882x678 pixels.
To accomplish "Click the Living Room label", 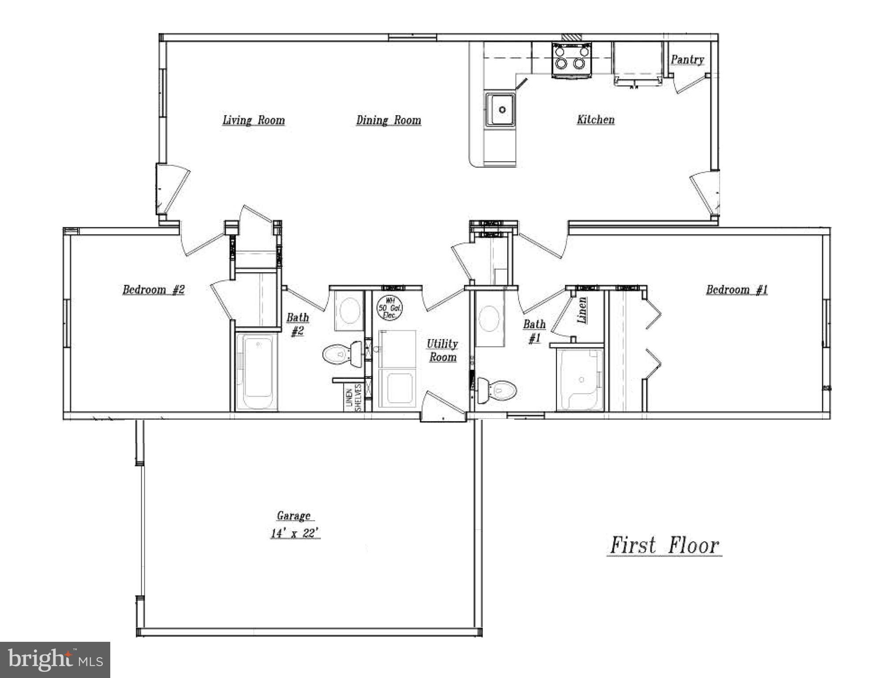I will click(254, 120).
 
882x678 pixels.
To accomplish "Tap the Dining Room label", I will click(389, 120).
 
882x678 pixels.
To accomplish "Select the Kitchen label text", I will click(595, 120).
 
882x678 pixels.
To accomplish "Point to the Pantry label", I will click(687, 60).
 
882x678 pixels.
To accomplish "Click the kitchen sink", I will click(501, 109).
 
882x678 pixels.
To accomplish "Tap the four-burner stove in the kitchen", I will click(572, 59).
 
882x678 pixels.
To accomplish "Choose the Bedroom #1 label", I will click(736, 290).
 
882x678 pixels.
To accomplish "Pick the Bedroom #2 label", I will click(153, 290).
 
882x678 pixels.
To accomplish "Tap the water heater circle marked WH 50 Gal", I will click(389, 307).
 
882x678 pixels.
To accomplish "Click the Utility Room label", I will click(442, 350).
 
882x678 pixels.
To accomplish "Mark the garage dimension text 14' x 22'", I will click(295, 533).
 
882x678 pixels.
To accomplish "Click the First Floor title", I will click(664, 546).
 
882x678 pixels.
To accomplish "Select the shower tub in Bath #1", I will click(580, 380).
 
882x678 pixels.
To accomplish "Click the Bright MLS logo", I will click(55, 659).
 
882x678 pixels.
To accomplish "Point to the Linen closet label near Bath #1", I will click(582, 310).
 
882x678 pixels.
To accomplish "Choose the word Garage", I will click(293, 516).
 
